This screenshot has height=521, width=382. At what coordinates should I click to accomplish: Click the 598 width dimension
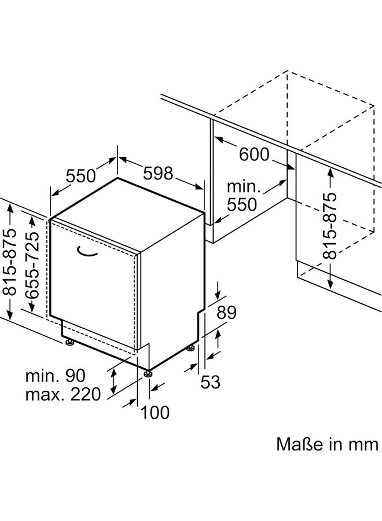158,173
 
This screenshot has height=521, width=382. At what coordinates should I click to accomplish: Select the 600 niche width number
254,154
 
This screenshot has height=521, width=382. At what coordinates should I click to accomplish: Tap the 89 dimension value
226,313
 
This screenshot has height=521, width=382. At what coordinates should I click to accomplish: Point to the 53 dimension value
210,382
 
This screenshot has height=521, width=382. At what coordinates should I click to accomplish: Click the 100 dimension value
155,412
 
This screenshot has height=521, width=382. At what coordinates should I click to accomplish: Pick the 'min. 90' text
56,376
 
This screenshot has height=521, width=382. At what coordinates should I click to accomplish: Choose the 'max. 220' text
63,394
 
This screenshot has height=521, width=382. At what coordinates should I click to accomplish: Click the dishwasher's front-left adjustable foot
70,342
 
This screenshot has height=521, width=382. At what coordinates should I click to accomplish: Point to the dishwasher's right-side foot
190,348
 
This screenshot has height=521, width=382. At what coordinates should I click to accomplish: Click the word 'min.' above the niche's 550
244,186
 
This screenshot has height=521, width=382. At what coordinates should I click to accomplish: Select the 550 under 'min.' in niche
242,205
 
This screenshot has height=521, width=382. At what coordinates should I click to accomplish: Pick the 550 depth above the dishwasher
80,176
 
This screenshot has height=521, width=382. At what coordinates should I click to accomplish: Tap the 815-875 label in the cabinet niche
330,226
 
